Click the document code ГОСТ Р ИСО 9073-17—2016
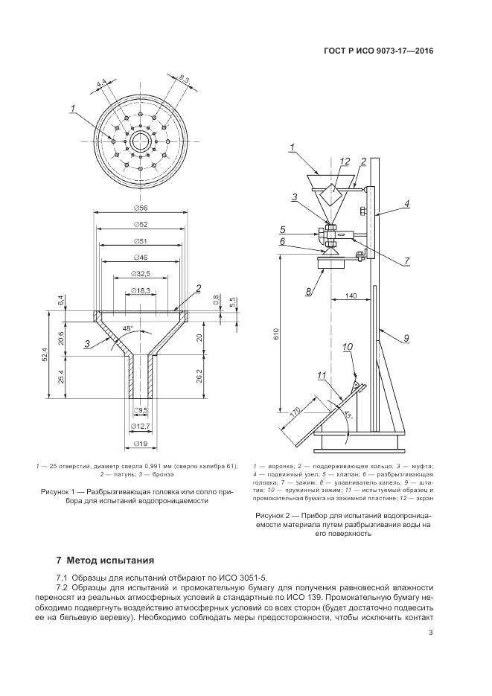[377, 51]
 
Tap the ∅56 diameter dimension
[140, 209]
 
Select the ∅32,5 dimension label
[140, 272]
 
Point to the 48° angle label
[127, 328]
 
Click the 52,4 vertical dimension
[46, 357]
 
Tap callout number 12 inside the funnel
[344, 162]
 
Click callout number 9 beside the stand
[407, 338]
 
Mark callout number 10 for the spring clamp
[347, 347]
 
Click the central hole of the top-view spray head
[139, 140]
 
